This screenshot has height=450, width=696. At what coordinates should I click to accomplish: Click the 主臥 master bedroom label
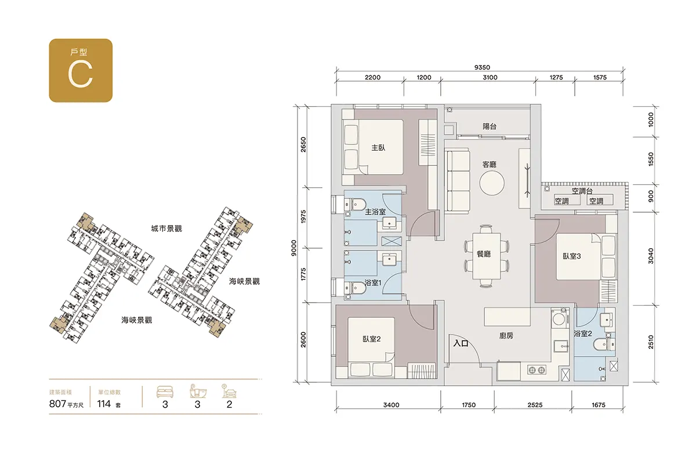[378, 147]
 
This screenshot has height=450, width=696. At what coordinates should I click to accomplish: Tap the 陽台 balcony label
[490, 126]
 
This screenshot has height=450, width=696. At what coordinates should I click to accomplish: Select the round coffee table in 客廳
[492, 183]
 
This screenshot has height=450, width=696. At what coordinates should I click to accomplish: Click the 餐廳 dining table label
[484, 255]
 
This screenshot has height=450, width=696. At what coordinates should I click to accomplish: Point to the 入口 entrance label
[461, 343]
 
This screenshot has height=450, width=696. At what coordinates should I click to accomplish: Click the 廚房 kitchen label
[506, 336]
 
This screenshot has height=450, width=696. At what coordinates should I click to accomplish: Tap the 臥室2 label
[372, 339]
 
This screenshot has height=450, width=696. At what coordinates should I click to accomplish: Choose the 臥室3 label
[572, 256]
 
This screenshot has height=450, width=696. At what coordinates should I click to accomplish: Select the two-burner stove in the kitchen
[536, 370]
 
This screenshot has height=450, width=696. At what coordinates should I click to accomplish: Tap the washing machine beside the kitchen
[560, 318]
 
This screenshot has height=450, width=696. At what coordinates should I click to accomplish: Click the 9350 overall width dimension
[482, 67]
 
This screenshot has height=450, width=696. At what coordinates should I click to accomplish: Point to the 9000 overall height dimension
[294, 248]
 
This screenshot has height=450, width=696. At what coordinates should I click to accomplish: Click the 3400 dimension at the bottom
[391, 405]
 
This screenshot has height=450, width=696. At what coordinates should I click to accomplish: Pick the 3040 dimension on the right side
[651, 256]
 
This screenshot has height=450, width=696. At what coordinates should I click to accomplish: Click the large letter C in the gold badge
[81, 74]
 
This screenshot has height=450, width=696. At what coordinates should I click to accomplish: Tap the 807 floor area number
[57, 404]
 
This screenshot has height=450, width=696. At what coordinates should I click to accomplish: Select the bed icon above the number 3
[165, 391]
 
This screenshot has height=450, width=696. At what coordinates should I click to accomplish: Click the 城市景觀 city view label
[166, 229]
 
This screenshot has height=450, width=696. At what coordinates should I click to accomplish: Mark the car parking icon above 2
[229, 391]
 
